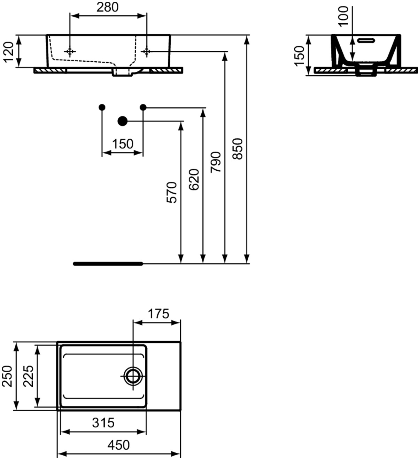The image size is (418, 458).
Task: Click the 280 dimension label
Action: click(x=107, y=7)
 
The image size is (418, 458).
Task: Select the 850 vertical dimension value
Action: click(x=237, y=149)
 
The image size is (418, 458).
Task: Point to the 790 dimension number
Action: click(x=216, y=162)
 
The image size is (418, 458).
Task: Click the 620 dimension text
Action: click(x=194, y=179)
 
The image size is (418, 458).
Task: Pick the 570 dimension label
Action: click(x=172, y=192)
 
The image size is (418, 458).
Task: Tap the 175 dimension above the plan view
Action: click(x=158, y=314)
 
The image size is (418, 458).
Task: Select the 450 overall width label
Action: click(x=118, y=445)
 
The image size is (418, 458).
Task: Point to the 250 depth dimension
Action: click(x=7, y=376)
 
